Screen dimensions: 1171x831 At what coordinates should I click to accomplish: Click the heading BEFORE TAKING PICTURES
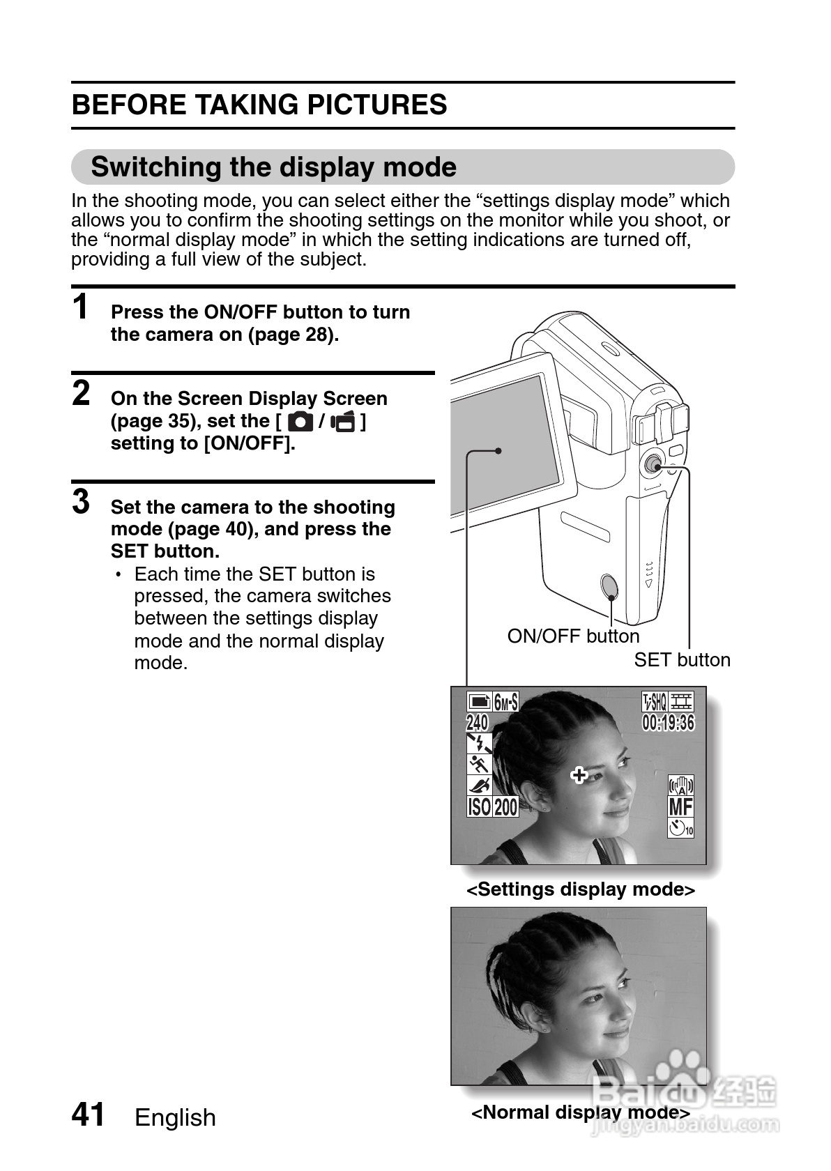point(259,105)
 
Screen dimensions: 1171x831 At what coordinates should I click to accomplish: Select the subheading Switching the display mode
point(273,167)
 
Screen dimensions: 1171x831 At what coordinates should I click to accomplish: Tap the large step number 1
point(82,307)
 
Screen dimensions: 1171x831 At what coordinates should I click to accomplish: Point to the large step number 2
point(82,393)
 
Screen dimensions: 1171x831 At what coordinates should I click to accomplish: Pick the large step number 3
point(82,502)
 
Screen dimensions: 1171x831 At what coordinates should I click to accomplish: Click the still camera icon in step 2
point(300,422)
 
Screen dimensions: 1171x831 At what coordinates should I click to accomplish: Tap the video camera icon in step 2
point(344,422)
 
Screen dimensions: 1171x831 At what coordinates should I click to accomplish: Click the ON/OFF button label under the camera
point(573,636)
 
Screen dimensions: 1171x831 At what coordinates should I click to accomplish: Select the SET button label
point(682,660)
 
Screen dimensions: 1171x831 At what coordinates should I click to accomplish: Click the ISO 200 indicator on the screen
point(492,807)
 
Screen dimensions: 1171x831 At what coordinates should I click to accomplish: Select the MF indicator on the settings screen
point(680,807)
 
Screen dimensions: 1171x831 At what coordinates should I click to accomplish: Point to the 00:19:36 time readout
point(668,723)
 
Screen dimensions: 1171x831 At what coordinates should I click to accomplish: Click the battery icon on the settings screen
point(480,701)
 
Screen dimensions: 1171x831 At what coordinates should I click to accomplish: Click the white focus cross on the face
point(579,774)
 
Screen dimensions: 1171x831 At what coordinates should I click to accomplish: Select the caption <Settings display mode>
point(580,889)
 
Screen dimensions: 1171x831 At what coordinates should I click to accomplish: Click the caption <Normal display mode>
point(580,1112)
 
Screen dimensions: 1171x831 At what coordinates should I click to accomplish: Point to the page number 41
point(89,1115)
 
